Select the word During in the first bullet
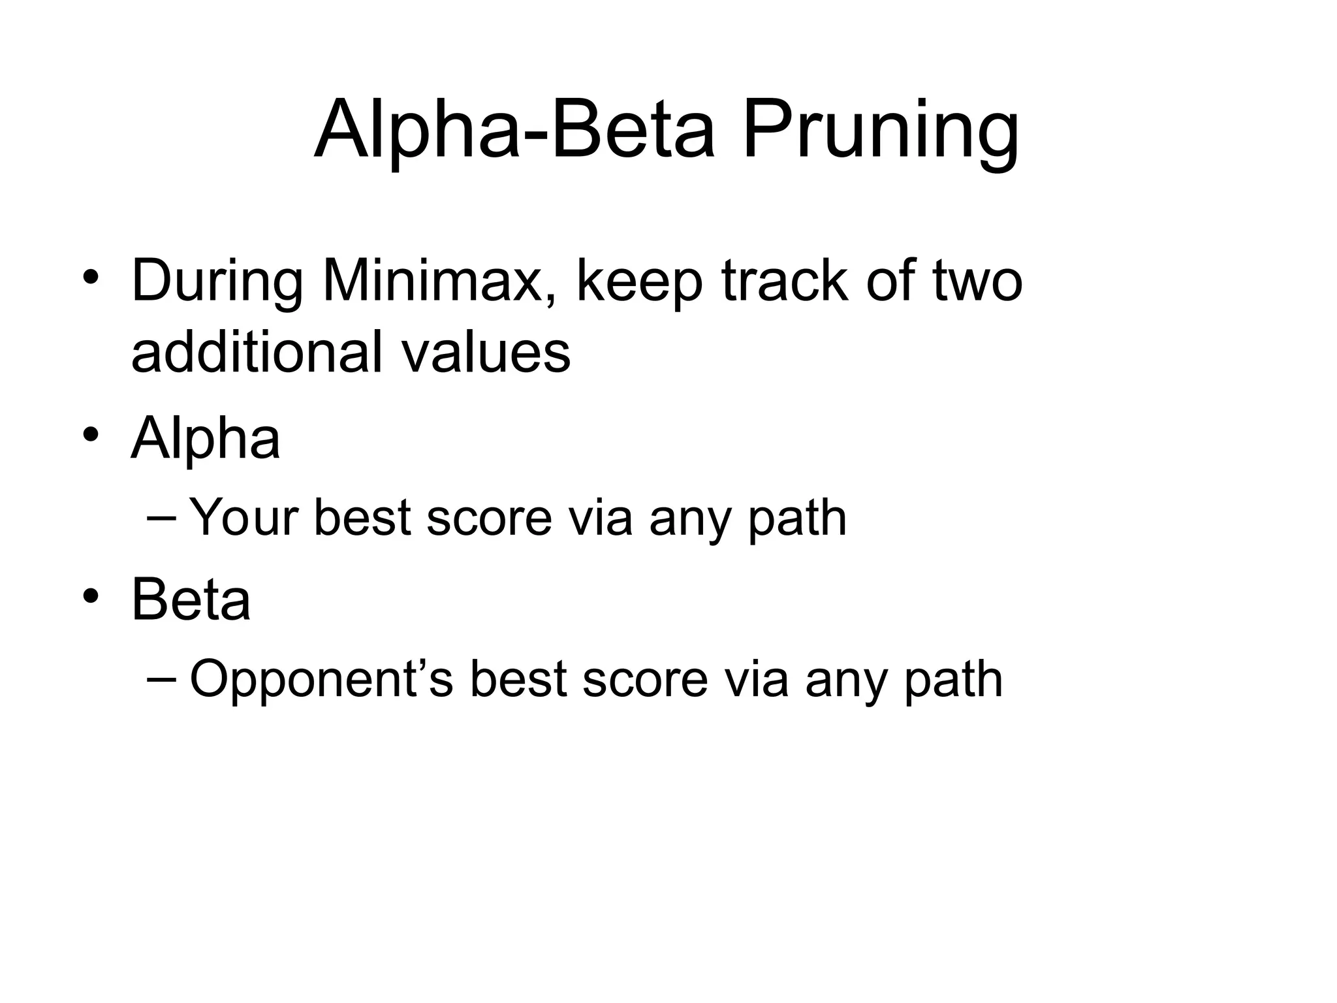216,281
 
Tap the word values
486,353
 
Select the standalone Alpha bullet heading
206,439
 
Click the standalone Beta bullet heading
191,599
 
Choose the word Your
244,518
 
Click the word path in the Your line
797,518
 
